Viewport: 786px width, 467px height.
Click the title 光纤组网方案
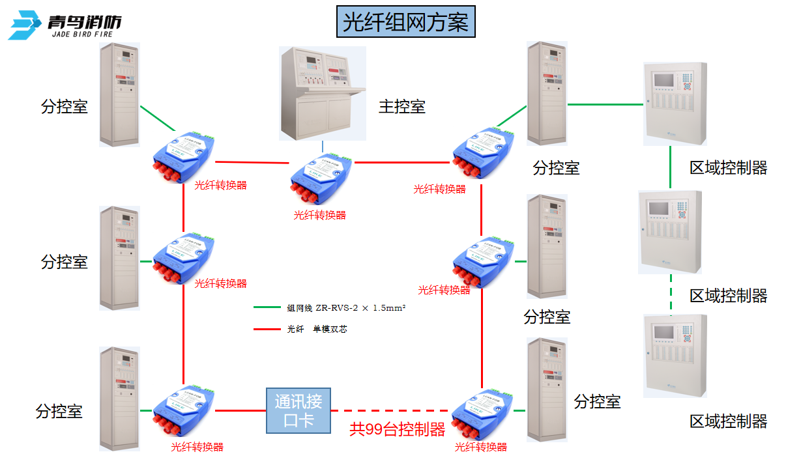[x=405, y=23]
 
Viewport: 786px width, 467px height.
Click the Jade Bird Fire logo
[x=65, y=25]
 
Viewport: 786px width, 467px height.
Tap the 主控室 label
[x=402, y=107]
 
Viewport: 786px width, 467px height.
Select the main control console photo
[x=322, y=92]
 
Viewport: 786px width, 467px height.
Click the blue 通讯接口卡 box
[x=298, y=410]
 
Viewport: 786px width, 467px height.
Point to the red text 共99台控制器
[x=397, y=429]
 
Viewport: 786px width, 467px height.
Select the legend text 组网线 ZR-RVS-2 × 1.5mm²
[x=346, y=308]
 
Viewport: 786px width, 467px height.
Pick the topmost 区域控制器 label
[x=728, y=168]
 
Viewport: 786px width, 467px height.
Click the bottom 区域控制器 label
[x=728, y=421]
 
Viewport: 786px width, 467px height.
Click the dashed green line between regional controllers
[x=671, y=294]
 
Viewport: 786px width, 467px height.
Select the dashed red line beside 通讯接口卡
[x=390, y=410]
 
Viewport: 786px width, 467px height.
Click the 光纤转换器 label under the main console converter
[x=319, y=215]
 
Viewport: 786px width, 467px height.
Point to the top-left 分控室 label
[x=64, y=107]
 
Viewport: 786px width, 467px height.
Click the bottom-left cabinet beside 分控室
[x=119, y=399]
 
